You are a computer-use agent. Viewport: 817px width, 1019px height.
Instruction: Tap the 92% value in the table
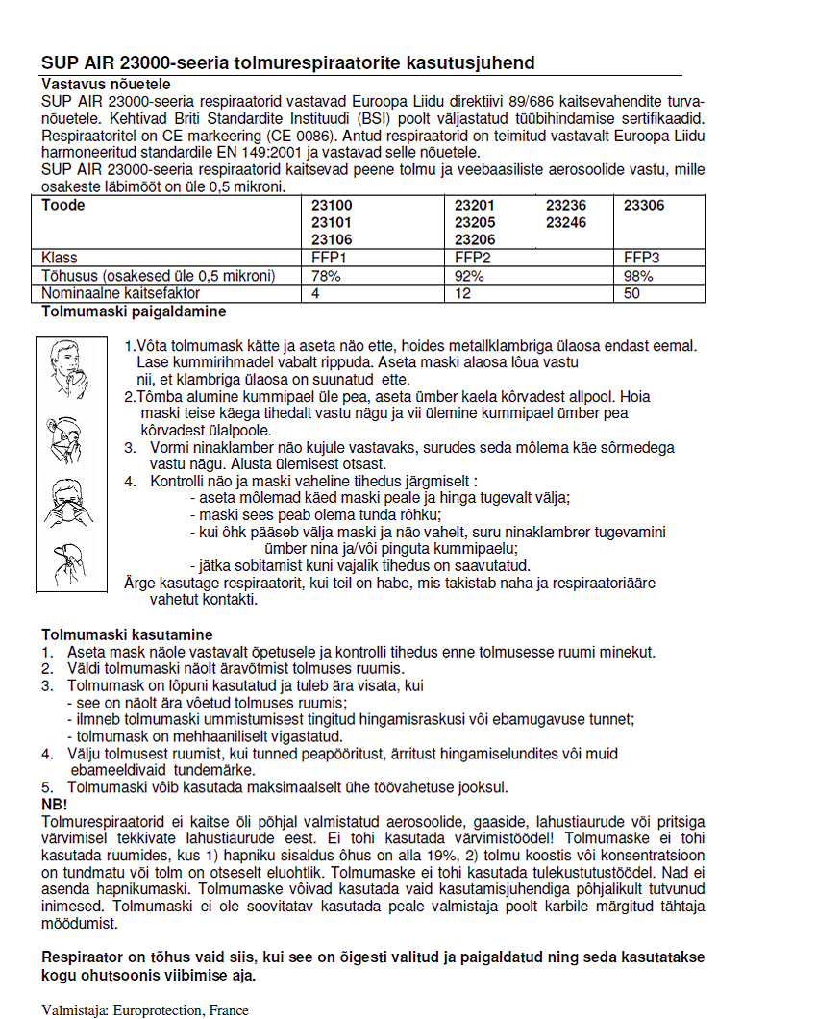(x=468, y=275)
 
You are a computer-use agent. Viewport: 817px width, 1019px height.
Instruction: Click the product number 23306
(x=644, y=206)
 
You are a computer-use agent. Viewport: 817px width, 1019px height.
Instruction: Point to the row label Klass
(x=60, y=258)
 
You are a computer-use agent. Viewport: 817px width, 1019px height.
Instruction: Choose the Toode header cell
(x=63, y=206)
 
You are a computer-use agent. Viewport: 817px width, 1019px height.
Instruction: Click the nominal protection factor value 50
(x=631, y=292)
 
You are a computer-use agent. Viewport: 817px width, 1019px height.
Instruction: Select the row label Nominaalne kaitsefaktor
(x=121, y=292)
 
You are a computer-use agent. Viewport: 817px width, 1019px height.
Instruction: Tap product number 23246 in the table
(x=566, y=222)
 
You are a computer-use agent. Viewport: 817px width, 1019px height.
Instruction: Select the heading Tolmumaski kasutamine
(x=126, y=634)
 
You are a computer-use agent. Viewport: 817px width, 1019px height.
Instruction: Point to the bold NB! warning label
(x=55, y=803)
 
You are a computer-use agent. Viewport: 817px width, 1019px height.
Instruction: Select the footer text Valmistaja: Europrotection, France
(x=145, y=1010)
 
